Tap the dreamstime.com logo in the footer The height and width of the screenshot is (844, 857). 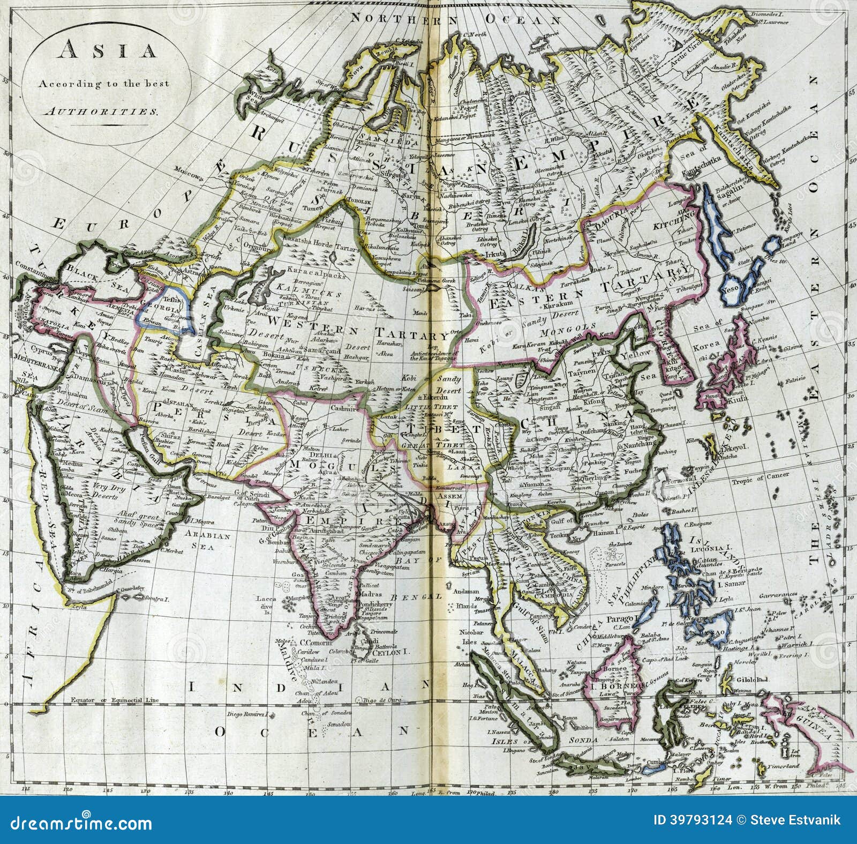[80, 823]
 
